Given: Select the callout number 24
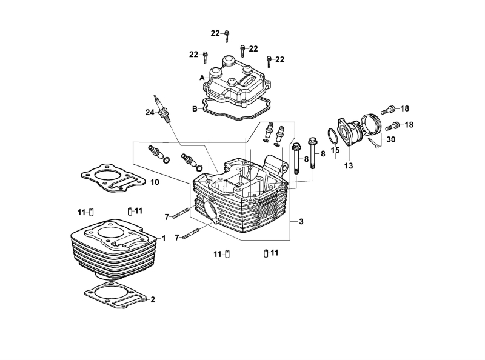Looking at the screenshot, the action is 150,113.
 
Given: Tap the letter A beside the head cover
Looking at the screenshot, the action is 202,78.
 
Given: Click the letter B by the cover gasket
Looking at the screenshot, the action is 195,109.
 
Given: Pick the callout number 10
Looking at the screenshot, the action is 155,182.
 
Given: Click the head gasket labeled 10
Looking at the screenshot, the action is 113,178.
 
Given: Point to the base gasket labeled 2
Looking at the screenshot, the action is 115,295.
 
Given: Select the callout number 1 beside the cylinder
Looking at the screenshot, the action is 164,238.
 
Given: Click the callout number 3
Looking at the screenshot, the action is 301,221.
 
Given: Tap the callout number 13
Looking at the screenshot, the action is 348,166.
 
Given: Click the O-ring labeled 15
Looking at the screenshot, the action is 332,136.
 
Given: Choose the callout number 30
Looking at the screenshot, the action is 391,139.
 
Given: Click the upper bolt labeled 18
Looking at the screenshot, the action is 388,109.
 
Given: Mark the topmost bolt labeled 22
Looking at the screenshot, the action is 227,36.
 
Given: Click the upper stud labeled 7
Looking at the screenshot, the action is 181,214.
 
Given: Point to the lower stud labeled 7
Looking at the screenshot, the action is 191,233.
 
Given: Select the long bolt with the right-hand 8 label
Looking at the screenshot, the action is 312,153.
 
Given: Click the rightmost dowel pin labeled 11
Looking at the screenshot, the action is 266,253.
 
